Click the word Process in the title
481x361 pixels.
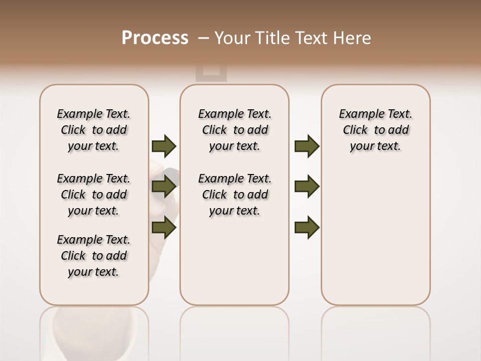(x=155, y=38)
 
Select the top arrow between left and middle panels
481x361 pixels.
(x=164, y=146)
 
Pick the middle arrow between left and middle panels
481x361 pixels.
(x=164, y=187)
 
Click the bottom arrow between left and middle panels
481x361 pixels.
(x=164, y=228)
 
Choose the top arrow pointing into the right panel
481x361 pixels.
(x=307, y=146)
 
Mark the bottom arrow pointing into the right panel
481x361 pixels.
(x=307, y=228)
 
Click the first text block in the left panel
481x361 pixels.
(x=93, y=130)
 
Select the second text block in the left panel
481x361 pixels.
(x=93, y=195)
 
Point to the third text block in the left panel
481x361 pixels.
(x=93, y=256)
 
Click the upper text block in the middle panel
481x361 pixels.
(x=234, y=130)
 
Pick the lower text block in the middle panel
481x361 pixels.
(x=234, y=195)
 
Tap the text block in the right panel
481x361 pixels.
(x=375, y=130)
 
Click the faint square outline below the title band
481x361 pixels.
(x=211, y=73)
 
